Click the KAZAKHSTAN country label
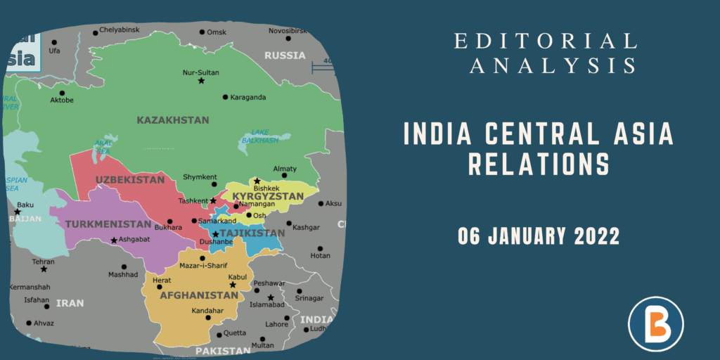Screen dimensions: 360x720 pos(173,120)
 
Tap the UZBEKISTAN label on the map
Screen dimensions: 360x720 pos(130,180)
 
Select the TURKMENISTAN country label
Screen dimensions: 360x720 pos(108,225)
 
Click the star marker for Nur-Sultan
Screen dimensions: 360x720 pos(201,82)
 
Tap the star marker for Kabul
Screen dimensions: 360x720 pos(233,285)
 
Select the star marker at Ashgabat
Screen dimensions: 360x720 pos(114,241)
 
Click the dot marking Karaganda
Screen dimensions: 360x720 pos(225,97)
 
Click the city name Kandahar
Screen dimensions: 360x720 pos(208,311)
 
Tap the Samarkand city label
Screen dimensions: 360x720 pos(217,221)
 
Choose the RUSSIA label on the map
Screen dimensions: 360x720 pos(284,56)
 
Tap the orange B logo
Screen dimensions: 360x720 pos(655,323)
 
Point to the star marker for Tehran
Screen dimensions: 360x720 pos(44,269)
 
